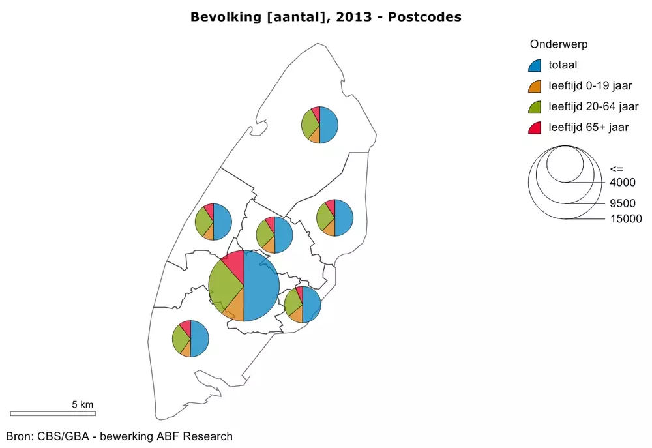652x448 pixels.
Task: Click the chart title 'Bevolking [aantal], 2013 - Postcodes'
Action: (x=325, y=17)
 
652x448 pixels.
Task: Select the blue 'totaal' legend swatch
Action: (x=535, y=65)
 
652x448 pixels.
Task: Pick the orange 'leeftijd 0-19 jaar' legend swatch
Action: (x=535, y=85)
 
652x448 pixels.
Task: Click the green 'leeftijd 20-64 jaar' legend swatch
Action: (x=535, y=106)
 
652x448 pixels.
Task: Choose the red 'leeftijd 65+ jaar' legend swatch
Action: (x=535, y=127)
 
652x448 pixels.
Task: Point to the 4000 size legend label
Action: (x=622, y=182)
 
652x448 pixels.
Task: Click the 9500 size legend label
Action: (x=622, y=203)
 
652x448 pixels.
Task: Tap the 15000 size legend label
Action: (x=625, y=219)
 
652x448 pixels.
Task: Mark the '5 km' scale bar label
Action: (x=83, y=404)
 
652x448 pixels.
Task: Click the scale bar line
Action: (x=53, y=413)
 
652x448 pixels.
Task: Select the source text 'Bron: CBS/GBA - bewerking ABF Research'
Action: (x=119, y=436)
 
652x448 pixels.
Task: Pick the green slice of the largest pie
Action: (x=224, y=284)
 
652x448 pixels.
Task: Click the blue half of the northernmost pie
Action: (x=329, y=125)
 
